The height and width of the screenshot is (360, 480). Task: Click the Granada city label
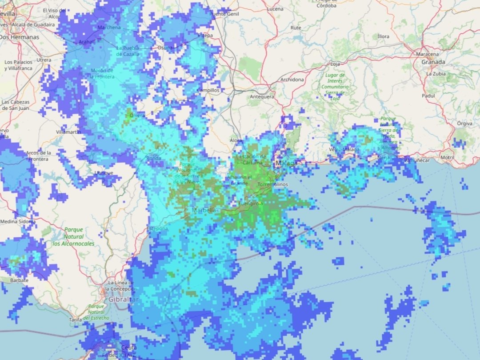click(x=433, y=62)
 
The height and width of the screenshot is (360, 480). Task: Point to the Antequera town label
click(x=262, y=96)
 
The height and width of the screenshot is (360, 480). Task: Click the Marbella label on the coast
click(x=204, y=210)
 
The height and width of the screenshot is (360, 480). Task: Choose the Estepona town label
click(x=157, y=228)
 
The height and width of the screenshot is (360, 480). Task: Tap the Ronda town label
click(x=153, y=158)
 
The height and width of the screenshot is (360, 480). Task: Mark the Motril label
click(x=447, y=158)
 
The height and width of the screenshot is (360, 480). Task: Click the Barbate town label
click(x=19, y=280)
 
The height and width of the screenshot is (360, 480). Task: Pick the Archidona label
click(x=292, y=80)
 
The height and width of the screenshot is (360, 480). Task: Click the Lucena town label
click(x=275, y=9)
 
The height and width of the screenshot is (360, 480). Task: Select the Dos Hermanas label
click(x=19, y=37)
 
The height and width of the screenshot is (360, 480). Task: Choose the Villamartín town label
click(x=68, y=132)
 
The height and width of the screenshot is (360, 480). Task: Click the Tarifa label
click(x=76, y=320)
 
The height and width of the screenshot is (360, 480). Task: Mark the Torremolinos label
click(x=273, y=184)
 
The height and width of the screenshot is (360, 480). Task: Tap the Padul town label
click(x=428, y=96)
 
